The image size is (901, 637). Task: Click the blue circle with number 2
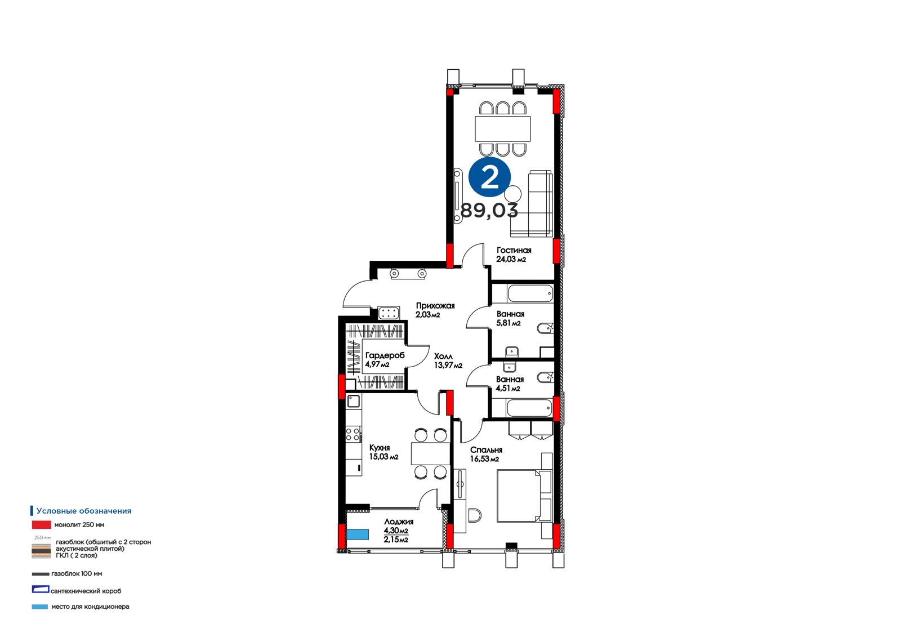pyautogui.click(x=489, y=177)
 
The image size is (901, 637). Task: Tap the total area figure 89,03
pyautogui.click(x=489, y=210)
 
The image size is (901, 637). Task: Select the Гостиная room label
pyautogui.click(x=514, y=250)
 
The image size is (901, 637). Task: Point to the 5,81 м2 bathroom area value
pyautogui.click(x=509, y=323)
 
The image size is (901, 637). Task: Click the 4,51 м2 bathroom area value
pyautogui.click(x=508, y=388)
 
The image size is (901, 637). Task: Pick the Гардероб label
pyautogui.click(x=385, y=356)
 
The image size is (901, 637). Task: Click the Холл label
pyautogui.click(x=443, y=357)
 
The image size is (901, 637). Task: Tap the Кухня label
pyautogui.click(x=380, y=448)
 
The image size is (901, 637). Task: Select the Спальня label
pyautogui.click(x=486, y=450)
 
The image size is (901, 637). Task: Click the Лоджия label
pyautogui.click(x=399, y=522)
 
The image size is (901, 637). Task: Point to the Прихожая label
pyautogui.click(x=435, y=306)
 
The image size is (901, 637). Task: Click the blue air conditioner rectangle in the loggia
pyautogui.click(x=358, y=534)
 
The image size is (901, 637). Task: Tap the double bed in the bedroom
pyautogui.click(x=524, y=496)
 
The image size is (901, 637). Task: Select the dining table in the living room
pyautogui.click(x=503, y=129)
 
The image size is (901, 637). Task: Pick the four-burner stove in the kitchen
pyautogui.click(x=353, y=435)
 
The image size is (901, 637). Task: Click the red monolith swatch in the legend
pyautogui.click(x=42, y=525)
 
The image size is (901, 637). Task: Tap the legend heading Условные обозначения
pyautogui.click(x=84, y=511)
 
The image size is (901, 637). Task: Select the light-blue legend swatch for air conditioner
pyautogui.click(x=40, y=607)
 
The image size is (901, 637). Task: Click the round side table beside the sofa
pyautogui.click(x=513, y=194)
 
